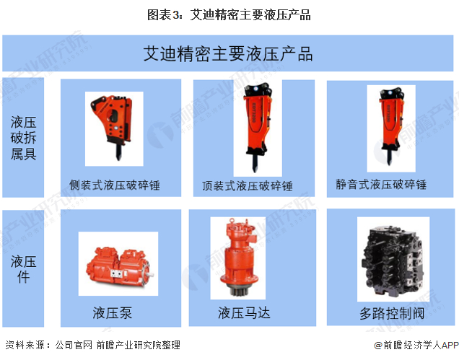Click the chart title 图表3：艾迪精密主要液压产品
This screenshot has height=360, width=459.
click(229, 14)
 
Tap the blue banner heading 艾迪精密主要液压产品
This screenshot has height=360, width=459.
click(228, 54)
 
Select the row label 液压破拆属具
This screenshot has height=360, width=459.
click(23, 138)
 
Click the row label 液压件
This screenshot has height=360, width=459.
click(23, 269)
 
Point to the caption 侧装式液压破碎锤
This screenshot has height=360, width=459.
click(115, 185)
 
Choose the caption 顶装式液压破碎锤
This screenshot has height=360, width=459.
click(248, 186)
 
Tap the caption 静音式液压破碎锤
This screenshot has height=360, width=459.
click(381, 185)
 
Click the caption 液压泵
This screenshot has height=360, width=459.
click(113, 312)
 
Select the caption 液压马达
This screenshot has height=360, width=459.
click(244, 312)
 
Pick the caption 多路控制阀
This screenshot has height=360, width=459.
click(392, 313)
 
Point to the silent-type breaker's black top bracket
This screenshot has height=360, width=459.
click(390, 93)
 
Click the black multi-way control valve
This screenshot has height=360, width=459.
click(393, 260)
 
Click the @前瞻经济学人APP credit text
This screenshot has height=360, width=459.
click(416, 346)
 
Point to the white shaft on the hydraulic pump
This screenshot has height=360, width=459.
click(150, 275)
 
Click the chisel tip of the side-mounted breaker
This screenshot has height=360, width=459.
click(118, 157)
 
